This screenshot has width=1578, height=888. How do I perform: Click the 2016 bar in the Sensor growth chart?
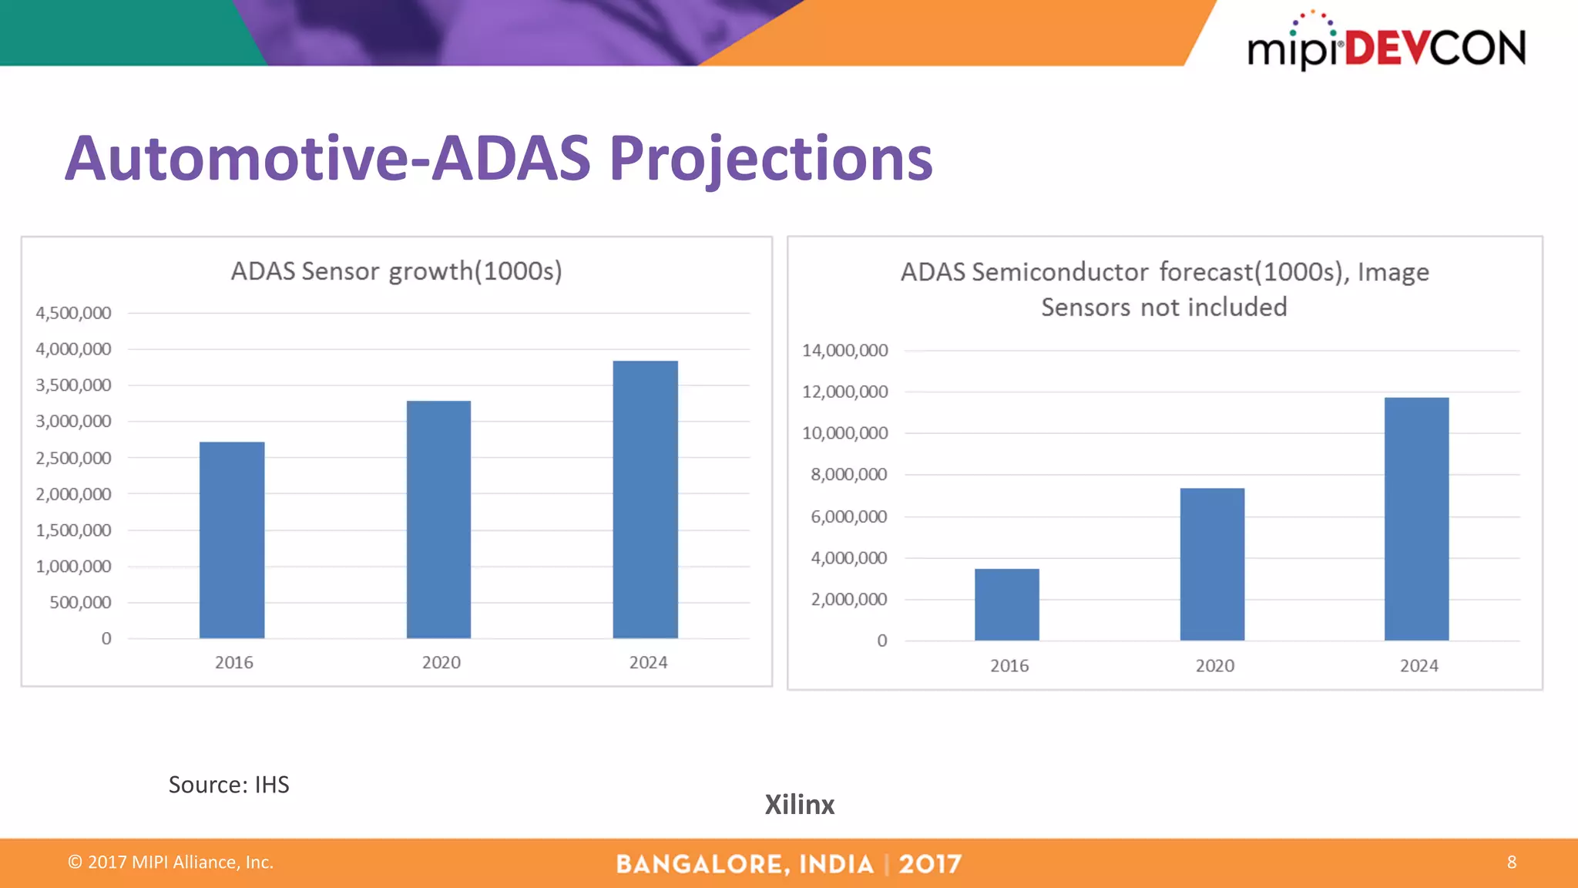[232, 540]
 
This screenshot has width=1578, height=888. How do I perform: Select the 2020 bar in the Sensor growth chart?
[438, 519]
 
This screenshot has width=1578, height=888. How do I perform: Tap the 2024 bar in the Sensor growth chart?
[645, 499]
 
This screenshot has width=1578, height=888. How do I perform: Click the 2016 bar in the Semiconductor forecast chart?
[1006, 604]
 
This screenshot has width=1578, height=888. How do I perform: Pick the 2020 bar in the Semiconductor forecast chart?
[1212, 563]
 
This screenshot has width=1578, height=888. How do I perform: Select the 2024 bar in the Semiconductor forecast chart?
[1416, 519]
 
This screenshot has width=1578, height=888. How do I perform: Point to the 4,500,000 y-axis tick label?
[73, 313]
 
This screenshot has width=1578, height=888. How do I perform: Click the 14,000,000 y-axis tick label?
[844, 351]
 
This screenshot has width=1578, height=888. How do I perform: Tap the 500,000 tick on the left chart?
[80, 602]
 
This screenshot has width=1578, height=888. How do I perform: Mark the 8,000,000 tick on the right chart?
[848, 475]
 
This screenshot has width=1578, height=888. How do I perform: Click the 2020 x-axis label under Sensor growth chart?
[441, 662]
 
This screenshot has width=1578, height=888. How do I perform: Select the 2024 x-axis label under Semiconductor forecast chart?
[1419, 665]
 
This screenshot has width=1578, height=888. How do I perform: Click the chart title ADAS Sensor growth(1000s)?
[396, 271]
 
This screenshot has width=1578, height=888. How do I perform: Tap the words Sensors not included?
[1163, 307]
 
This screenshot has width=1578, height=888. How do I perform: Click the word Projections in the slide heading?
[771, 159]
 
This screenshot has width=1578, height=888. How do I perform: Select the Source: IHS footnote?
[229, 785]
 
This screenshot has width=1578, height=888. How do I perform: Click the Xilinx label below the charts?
[799, 805]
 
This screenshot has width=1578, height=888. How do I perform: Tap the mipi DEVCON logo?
[1385, 45]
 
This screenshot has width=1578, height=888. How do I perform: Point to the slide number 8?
[1511, 862]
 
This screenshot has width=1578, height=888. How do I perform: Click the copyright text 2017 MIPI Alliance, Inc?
[171, 862]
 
